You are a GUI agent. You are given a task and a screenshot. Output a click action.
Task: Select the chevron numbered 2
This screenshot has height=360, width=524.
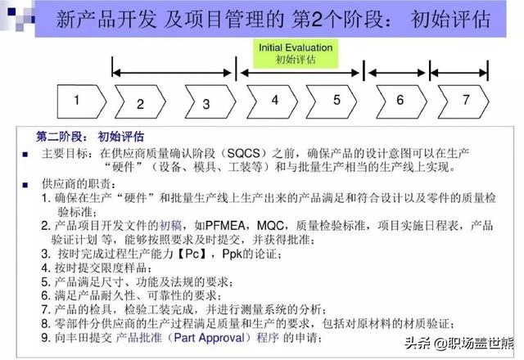click(141, 104)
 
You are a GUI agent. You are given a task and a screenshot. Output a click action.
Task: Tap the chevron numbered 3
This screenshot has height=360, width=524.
click(206, 104)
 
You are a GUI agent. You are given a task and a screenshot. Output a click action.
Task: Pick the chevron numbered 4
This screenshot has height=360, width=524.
click(273, 101)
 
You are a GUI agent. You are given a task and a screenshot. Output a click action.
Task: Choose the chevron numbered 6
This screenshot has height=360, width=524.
click(400, 101)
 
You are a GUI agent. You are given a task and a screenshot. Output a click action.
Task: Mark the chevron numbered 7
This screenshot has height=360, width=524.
click(464, 101)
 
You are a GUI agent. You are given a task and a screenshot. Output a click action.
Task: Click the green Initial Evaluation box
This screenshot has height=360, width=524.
click(296, 53)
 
